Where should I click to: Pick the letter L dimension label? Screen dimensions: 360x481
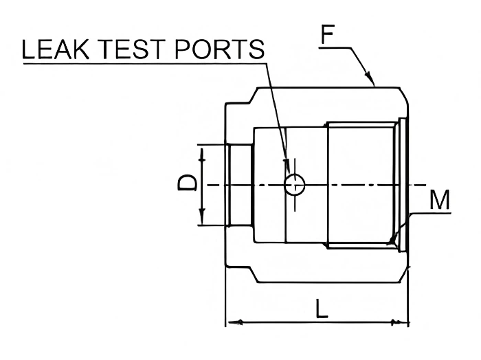[x=321, y=308]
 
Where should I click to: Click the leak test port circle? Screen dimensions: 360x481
[x=295, y=184]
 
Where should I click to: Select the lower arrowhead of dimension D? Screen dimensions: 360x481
[x=201, y=219]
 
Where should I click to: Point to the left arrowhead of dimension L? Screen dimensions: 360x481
[x=232, y=321]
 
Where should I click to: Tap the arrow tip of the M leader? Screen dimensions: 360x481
[x=391, y=240]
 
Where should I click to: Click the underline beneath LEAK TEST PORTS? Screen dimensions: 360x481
[x=137, y=65]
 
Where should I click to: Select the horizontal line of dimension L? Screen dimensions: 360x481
[x=316, y=321]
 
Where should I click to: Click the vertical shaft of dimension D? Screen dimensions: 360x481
[x=201, y=199]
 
